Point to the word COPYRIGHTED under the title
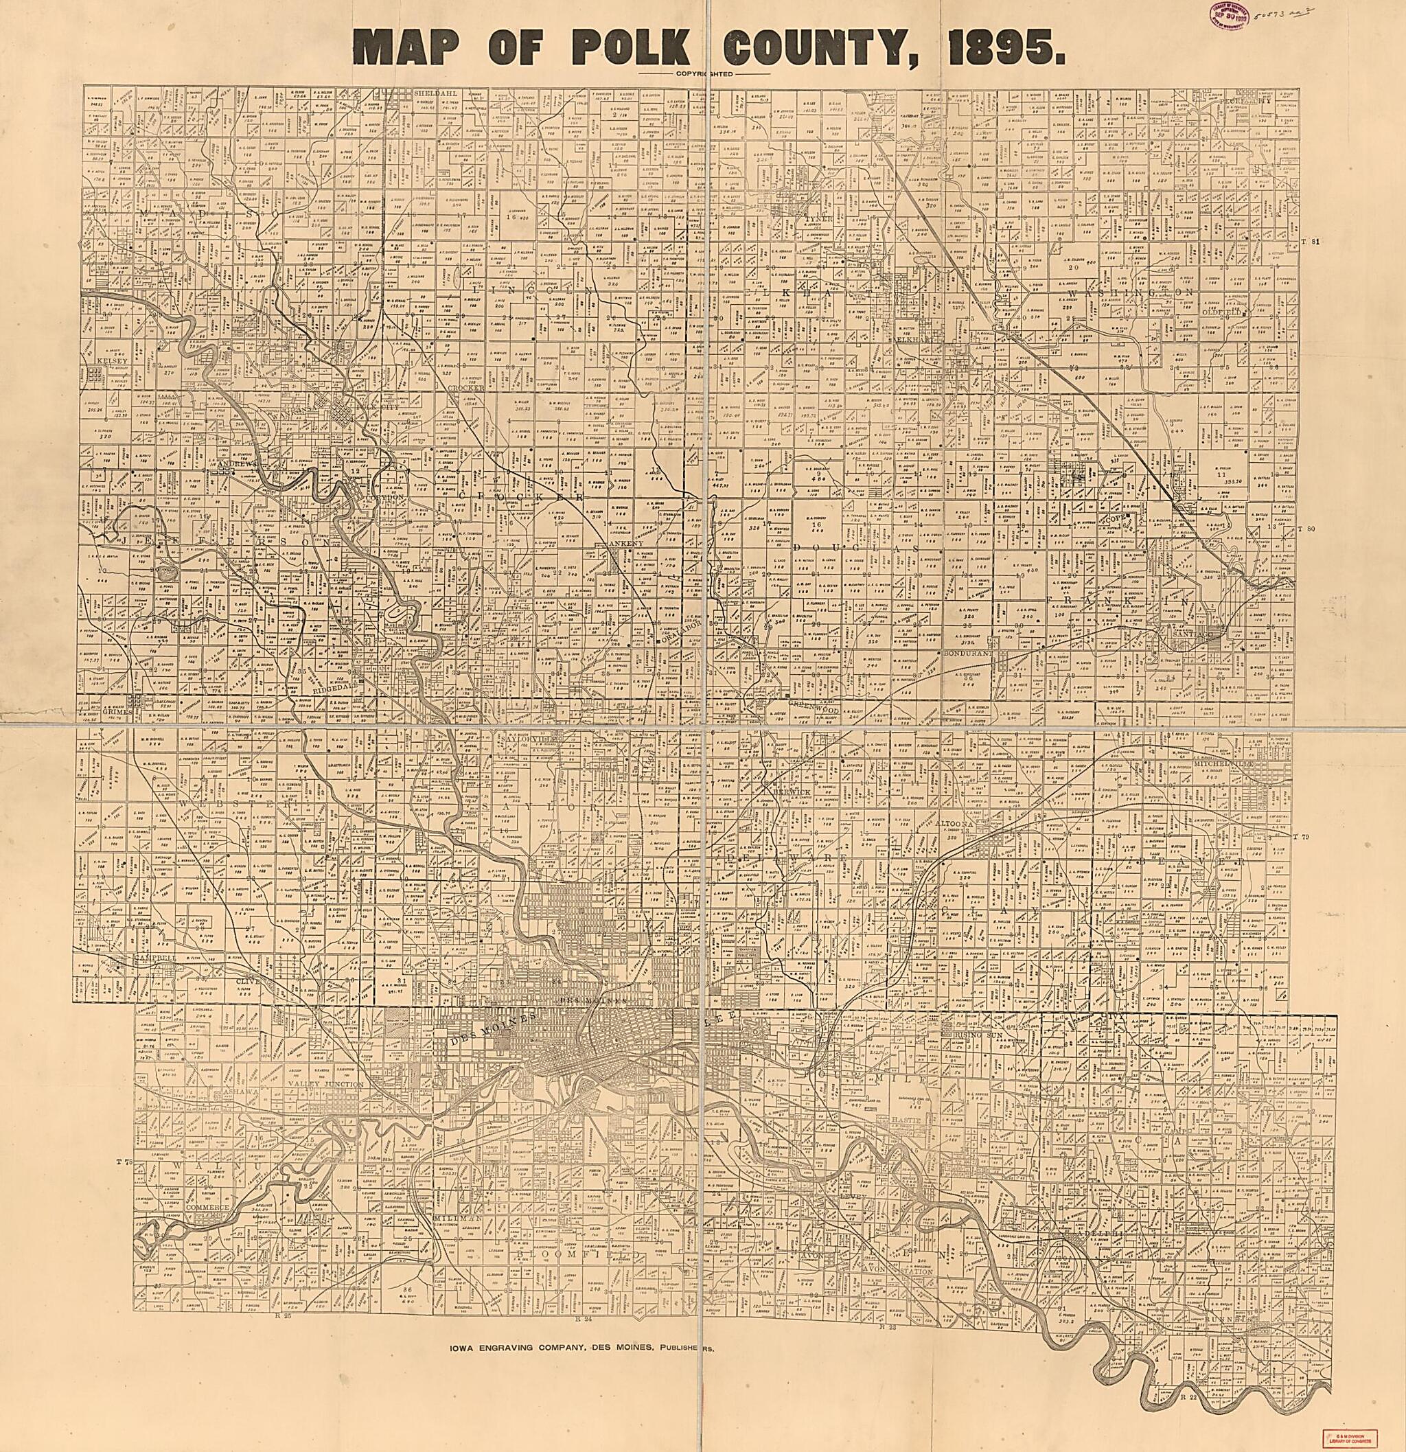point(703,73)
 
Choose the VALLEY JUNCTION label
point(325,1084)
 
